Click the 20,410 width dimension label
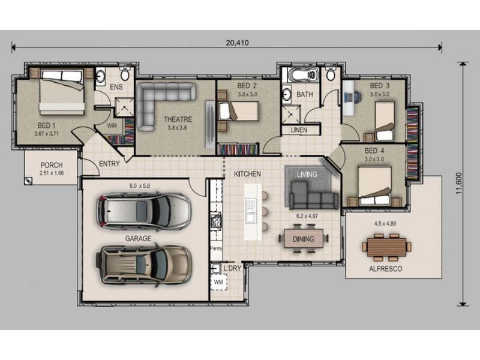(x=237, y=43)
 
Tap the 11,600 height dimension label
(x=458, y=184)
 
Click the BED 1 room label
(x=47, y=125)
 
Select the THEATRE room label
(x=178, y=119)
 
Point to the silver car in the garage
(x=143, y=211)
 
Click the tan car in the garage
(x=143, y=265)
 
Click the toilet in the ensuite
(x=125, y=73)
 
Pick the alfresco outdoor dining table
(x=386, y=247)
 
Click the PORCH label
(x=52, y=166)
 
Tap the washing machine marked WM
(x=218, y=282)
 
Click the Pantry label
(x=216, y=248)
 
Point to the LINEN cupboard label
(x=299, y=130)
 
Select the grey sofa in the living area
(x=313, y=196)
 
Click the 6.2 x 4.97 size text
(x=307, y=216)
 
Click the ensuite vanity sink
(x=100, y=76)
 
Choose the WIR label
(x=112, y=125)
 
